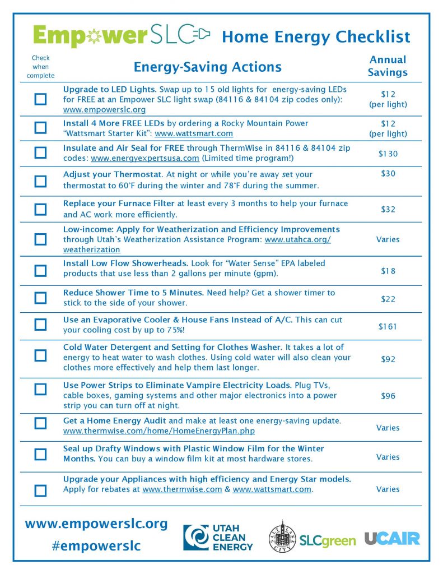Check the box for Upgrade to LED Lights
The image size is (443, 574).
(40, 99)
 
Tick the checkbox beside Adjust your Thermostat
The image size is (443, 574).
(40, 181)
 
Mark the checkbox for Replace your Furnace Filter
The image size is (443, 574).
(40, 210)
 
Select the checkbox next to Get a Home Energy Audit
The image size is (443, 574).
(40, 423)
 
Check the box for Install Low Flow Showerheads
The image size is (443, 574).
(40, 271)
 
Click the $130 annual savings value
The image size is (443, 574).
(388, 154)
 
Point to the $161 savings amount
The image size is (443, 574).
(388, 326)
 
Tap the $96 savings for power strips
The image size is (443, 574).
(388, 396)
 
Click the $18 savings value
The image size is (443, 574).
(388, 271)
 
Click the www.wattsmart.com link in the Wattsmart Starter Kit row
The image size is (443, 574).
(194, 134)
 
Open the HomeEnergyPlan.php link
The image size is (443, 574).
(159, 431)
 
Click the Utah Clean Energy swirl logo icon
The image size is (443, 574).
(197, 538)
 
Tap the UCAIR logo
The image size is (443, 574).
(392, 539)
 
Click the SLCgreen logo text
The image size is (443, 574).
(328, 541)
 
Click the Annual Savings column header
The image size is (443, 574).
(388, 66)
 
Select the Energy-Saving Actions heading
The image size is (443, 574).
(207, 67)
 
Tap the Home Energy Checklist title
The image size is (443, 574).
(316, 37)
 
